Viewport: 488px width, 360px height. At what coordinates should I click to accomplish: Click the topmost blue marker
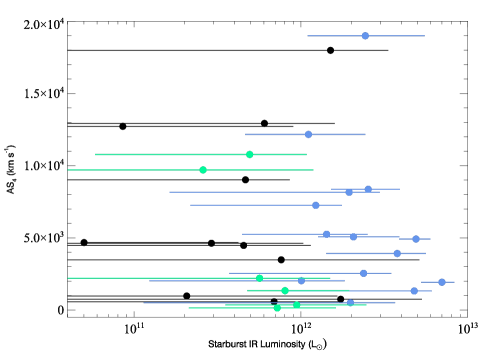point(365,36)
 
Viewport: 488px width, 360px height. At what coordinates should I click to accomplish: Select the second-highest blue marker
point(308,134)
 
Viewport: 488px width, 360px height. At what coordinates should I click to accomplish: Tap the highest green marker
point(249,154)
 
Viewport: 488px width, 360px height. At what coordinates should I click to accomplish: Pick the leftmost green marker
point(203,170)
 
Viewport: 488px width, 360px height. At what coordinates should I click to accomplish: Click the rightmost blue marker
point(442,282)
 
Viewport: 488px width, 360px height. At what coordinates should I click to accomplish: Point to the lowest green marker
point(277,308)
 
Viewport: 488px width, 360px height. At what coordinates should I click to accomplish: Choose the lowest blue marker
point(350,303)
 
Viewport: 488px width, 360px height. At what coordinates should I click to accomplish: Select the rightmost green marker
point(296,305)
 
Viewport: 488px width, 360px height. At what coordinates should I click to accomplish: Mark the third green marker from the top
point(259,278)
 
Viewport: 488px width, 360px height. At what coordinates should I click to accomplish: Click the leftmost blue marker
point(301,280)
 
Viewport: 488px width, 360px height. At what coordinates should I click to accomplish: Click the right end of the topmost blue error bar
point(425,36)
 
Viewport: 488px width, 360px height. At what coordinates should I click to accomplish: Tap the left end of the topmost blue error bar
point(307,36)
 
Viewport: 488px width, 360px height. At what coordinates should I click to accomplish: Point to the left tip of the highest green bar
point(95,154)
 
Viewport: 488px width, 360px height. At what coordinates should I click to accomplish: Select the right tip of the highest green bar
point(307,154)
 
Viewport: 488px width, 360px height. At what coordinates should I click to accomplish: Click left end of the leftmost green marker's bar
point(67,170)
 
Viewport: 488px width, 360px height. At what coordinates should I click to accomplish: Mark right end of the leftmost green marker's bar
point(314,170)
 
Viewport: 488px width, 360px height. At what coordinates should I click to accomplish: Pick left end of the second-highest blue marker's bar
point(245,134)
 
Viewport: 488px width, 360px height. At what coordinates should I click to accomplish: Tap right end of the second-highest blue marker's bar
point(366,134)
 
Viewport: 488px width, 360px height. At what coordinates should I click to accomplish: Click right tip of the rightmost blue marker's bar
point(455,282)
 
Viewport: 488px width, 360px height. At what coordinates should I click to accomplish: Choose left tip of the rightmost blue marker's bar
point(421,282)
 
